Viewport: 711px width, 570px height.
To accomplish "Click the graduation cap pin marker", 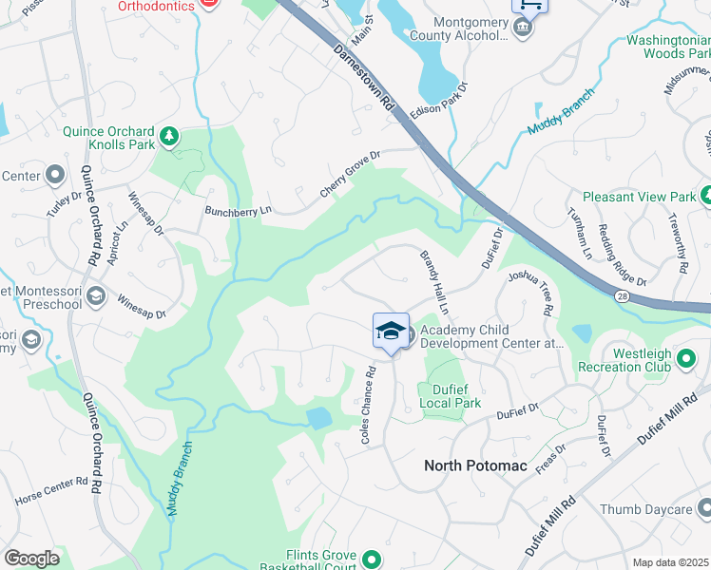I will point(391,332).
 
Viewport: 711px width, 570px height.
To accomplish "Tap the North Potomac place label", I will point(475,465).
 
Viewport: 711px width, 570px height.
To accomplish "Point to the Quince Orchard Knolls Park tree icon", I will point(169,136).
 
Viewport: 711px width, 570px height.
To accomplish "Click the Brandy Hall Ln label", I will point(433,281).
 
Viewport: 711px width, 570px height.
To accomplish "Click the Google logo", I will point(32,559).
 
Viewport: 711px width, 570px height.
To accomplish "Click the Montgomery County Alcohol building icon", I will point(522,28).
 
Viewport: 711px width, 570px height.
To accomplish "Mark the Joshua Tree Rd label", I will point(529,291).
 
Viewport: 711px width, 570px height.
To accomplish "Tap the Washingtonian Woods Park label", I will point(668,47).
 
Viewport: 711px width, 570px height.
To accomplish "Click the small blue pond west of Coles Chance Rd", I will point(320,418).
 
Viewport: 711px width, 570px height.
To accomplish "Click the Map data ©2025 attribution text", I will point(670,562).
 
